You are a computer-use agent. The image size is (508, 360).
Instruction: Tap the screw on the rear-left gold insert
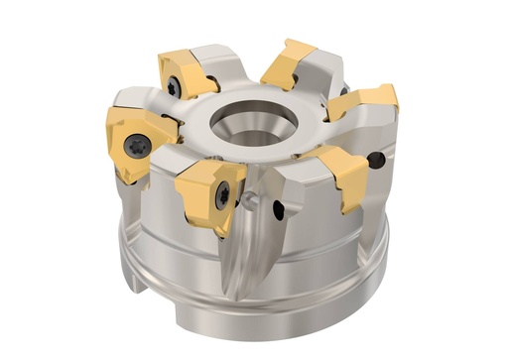coord(174,87)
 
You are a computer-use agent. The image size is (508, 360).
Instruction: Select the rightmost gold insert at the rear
coord(369,98)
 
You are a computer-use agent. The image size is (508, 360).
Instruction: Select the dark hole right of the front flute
coord(279,209)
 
